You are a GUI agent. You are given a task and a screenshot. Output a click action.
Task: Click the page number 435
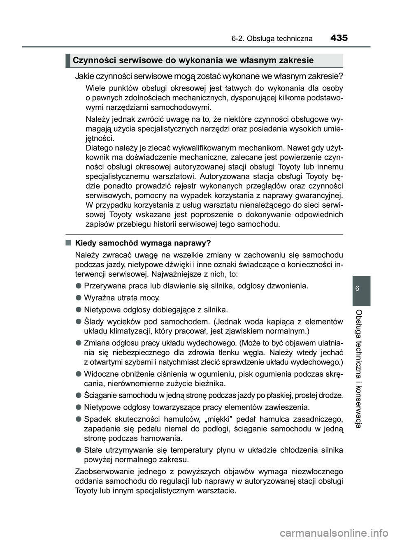[x=339, y=38]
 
